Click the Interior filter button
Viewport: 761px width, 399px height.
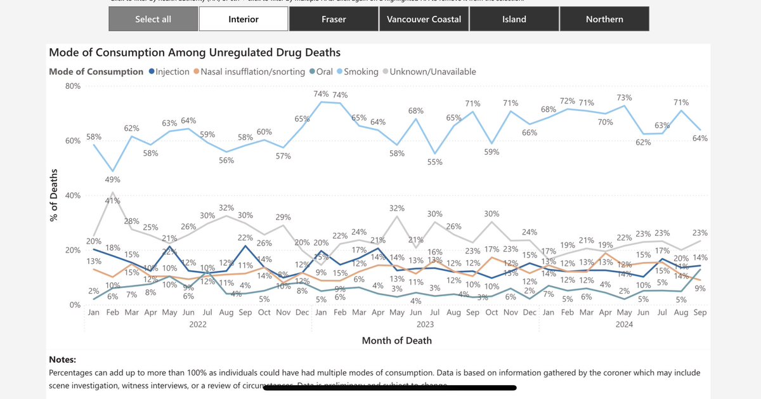[x=244, y=19]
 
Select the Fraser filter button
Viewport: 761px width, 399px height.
[x=334, y=19]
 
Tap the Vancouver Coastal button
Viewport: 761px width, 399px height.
[x=424, y=19]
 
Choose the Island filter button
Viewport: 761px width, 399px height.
[x=514, y=19]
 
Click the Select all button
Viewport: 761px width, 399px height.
[x=153, y=19]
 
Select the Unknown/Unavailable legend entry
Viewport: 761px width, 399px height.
[x=433, y=72]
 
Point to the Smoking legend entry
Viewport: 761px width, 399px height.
[x=360, y=72]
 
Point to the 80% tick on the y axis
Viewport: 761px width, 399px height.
[x=72, y=86]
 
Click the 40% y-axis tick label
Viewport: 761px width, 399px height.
[x=72, y=195]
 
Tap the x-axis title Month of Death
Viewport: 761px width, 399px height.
[x=396, y=341]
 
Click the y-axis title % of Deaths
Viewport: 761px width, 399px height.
[x=55, y=195]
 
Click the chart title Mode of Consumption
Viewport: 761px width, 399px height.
[x=195, y=52]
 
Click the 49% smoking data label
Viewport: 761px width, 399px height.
[x=113, y=181]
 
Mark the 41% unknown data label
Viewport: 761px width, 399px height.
[x=113, y=200]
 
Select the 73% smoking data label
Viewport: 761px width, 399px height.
[x=624, y=97]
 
